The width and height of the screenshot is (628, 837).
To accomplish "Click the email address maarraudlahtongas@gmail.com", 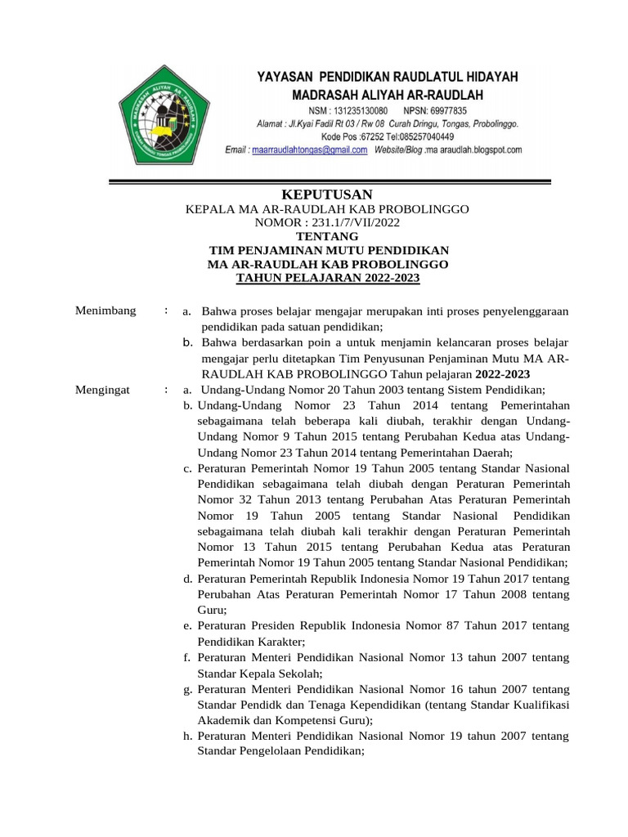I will pyautogui.click(x=298, y=150).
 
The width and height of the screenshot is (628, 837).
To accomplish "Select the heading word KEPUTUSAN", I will pyautogui.click(x=326, y=194).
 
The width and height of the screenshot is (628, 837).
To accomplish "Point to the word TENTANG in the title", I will pyautogui.click(x=326, y=236).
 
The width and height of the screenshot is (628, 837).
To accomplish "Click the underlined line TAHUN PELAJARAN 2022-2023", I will pyautogui.click(x=327, y=278).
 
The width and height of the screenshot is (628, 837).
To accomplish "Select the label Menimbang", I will pyautogui.click(x=105, y=311).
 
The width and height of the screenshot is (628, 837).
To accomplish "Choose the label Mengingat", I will pyautogui.click(x=103, y=389).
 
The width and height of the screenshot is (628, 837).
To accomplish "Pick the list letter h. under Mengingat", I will pyautogui.click(x=188, y=736).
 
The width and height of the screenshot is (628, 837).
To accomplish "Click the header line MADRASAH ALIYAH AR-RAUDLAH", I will pyautogui.click(x=388, y=95).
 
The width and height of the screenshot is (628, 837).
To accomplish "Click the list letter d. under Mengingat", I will pyautogui.click(x=188, y=579).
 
